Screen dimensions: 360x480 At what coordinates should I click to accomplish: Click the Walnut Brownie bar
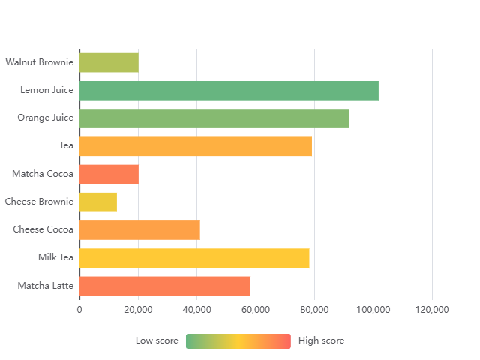coord(109,62)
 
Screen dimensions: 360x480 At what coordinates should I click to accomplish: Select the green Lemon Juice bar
coord(229,90)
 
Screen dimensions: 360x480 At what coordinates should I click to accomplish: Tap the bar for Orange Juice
coord(214,118)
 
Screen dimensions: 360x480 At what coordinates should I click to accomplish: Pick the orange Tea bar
coord(195,146)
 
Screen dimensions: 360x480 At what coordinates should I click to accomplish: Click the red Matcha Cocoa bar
coord(109,174)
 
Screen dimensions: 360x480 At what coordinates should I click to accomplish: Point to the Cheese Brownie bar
coord(98,202)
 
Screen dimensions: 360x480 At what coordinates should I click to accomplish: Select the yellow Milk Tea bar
coord(194,258)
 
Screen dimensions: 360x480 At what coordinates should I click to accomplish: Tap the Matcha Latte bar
coord(165,286)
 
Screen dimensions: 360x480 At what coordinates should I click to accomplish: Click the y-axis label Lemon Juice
coord(46,90)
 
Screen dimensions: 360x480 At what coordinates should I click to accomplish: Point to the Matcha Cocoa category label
coord(43,174)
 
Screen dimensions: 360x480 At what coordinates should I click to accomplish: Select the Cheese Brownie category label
coord(39,202)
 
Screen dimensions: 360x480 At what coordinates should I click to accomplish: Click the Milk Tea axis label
coord(55,258)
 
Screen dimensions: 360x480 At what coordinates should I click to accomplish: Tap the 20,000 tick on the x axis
coord(138,309)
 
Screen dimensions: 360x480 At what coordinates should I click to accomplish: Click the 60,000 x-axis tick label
coord(256,309)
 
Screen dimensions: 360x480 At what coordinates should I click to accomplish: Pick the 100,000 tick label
coord(373,309)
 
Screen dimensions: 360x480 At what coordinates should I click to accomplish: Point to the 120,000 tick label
coord(432,309)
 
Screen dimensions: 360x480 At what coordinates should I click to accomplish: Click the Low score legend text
coord(157,340)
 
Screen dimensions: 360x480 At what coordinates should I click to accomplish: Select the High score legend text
coord(321,340)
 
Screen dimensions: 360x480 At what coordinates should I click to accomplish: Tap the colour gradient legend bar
coord(238,340)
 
